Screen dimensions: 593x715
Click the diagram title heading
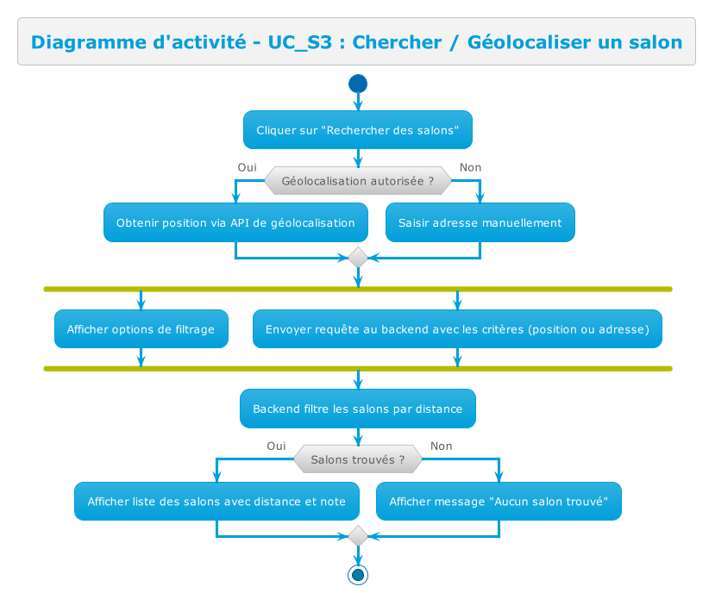point(356,41)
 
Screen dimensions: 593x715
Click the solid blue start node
point(358,84)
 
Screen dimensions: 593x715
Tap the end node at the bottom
point(358,574)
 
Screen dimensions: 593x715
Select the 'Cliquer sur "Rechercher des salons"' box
point(358,130)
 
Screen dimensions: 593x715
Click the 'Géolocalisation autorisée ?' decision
point(358,181)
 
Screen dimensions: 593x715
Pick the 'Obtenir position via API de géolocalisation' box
point(235,222)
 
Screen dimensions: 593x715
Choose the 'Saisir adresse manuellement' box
point(480,222)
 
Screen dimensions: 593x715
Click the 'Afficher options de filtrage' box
point(141,329)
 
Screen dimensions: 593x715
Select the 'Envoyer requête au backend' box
point(457,329)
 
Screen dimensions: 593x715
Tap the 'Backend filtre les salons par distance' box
point(358,409)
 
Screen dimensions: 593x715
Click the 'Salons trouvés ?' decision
point(358,459)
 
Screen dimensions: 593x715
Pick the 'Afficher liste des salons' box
point(216,502)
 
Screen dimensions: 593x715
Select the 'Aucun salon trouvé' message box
point(499,502)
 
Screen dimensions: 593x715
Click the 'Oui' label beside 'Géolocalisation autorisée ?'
point(247,167)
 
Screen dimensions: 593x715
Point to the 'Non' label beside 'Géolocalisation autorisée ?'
point(471,167)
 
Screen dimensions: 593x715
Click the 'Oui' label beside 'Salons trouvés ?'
point(276,446)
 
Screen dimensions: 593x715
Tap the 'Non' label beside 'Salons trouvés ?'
point(442,446)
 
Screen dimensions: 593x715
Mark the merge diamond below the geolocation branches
point(358,257)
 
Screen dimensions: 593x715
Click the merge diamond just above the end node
point(358,536)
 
